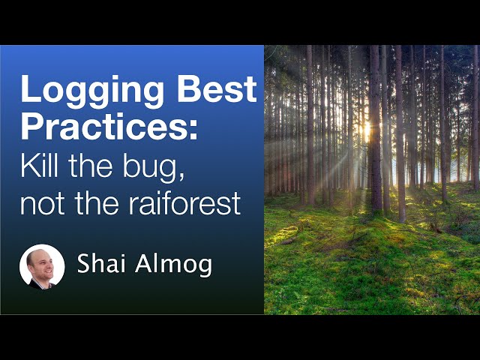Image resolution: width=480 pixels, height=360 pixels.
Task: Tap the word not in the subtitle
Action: (x=40, y=202)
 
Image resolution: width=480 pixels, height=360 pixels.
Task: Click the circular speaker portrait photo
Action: (x=42, y=266)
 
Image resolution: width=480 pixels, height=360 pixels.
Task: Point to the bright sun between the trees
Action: (x=367, y=129)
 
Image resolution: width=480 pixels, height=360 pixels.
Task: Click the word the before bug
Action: (x=95, y=164)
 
